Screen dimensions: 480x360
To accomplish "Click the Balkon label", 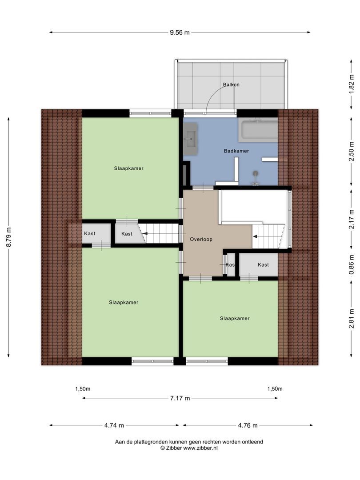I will (231, 84).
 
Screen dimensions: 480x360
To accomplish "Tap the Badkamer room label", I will (236, 151).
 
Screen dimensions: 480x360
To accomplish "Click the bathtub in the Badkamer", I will (258, 130).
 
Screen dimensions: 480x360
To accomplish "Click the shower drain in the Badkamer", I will (256, 174).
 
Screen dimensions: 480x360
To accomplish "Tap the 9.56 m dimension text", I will (180, 32).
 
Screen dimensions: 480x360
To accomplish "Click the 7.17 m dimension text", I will (180, 398).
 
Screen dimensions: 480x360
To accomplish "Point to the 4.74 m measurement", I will (114, 425).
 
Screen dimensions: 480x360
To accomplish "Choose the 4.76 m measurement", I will (248, 425).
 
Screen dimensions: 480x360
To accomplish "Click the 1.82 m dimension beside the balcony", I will (352, 84).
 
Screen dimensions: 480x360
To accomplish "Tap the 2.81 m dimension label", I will (352, 318).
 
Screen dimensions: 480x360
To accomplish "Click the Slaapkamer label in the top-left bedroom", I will (128, 168).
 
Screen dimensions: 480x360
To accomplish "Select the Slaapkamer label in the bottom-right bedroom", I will (234, 318).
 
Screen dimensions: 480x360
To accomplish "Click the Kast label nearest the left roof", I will (89, 233).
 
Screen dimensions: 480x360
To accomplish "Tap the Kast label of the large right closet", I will (263, 265).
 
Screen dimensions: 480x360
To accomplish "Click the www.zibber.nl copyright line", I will (189, 448).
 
